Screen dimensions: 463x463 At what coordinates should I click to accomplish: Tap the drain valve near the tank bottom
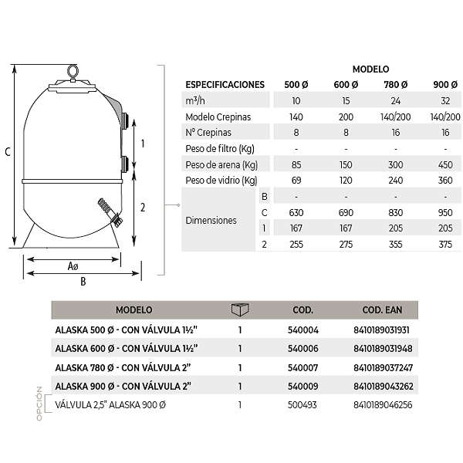(110, 211)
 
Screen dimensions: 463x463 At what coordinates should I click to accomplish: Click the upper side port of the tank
(125, 120)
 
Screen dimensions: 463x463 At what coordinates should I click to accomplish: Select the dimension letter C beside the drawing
(8, 152)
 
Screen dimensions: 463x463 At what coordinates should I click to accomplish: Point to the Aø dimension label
(73, 266)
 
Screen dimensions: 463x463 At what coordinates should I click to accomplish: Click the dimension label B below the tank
(83, 282)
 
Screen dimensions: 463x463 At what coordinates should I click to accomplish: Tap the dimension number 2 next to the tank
(143, 208)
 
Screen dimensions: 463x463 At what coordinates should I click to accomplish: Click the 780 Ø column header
(395, 85)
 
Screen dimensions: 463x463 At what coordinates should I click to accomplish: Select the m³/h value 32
(445, 101)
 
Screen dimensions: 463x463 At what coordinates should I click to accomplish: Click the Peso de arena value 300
(395, 165)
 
